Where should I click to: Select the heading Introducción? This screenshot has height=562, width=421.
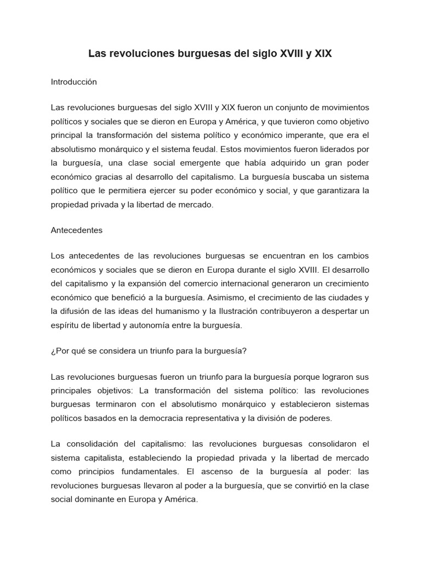(x=73, y=82)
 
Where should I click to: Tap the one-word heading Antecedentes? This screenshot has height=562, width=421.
(x=76, y=231)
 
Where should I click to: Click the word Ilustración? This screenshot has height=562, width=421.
(x=256, y=312)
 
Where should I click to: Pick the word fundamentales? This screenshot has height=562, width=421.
(x=149, y=472)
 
